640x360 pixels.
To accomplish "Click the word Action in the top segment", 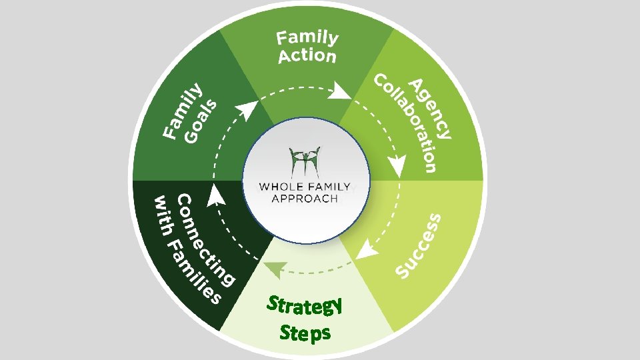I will point(307,56).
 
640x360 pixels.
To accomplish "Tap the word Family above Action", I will point(308,39).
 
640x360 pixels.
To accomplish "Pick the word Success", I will point(418,245).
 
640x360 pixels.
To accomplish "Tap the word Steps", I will point(305,332).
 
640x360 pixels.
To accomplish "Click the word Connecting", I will point(206,241).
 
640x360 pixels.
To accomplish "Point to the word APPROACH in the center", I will point(305,198).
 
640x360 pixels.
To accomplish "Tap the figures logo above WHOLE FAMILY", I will point(305,161).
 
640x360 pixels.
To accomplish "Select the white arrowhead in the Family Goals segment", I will point(247,110).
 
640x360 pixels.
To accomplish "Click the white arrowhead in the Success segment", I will point(364,250).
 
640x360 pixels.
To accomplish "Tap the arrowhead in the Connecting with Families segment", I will point(215,195).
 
